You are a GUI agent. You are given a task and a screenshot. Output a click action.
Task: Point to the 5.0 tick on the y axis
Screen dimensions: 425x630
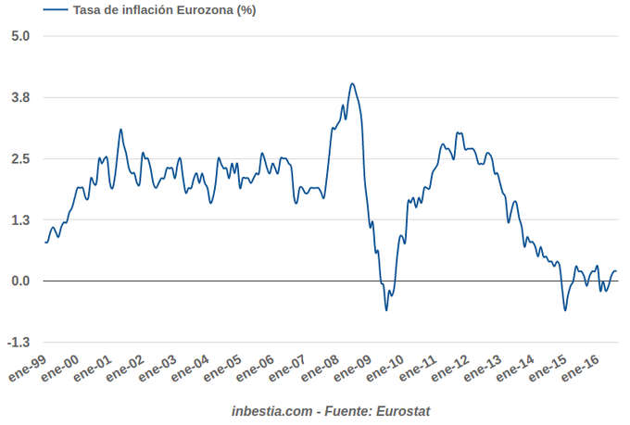click(x=21, y=36)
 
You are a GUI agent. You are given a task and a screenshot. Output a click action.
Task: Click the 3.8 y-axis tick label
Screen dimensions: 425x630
click(x=21, y=97)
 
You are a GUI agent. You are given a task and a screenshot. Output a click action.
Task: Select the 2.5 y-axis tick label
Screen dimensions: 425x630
click(x=21, y=158)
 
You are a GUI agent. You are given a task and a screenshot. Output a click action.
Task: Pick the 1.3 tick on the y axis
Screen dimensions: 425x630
click(x=21, y=219)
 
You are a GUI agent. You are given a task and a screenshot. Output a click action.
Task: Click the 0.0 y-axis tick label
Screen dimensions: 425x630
click(x=21, y=281)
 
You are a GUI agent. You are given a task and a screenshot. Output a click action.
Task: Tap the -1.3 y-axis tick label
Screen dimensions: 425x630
click(x=19, y=342)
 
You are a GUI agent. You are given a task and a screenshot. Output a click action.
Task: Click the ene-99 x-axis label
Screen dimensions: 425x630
click(x=28, y=368)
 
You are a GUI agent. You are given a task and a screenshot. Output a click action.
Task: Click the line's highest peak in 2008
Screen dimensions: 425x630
click(x=352, y=83)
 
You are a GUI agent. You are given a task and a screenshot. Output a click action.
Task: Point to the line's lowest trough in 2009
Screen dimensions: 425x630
click(x=386, y=309)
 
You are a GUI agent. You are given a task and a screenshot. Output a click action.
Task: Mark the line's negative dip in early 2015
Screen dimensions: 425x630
click(x=565, y=309)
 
